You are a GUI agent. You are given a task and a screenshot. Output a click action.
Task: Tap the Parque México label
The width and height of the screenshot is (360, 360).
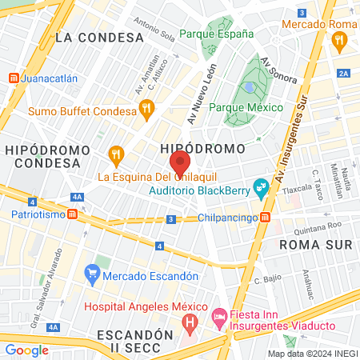pyautogui.click(x=246, y=107)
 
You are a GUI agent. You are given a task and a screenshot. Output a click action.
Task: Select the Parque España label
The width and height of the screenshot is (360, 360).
pyautogui.click(x=216, y=34)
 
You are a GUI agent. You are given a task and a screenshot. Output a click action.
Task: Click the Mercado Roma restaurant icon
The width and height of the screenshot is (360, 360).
pyautogui.click(x=341, y=41)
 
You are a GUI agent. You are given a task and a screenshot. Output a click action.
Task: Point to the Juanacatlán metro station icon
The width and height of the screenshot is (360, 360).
pyautogui.click(x=14, y=79)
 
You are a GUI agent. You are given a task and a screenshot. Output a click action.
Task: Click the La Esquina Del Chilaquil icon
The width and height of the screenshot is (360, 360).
pyautogui.click(x=117, y=152)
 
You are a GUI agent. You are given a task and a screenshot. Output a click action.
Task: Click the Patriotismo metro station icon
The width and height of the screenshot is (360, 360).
pyautogui.click(x=74, y=214)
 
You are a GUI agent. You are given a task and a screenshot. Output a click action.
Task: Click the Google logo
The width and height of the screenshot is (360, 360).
pyautogui.click(x=26, y=350)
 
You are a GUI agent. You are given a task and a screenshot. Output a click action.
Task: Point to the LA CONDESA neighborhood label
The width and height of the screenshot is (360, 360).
pyautogui.click(x=89, y=37)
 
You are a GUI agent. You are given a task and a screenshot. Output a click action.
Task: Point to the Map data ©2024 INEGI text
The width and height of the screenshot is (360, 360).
pyautogui.click(x=312, y=353)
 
